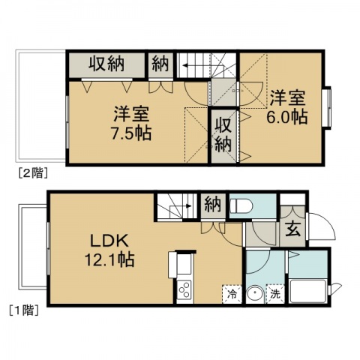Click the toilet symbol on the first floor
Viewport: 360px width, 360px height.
(241, 205)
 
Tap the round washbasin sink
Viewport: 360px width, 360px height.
(255, 295)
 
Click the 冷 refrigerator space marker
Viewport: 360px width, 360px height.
(232, 294)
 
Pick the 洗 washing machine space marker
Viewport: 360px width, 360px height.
(275, 294)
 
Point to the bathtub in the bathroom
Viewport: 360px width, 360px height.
(307, 291)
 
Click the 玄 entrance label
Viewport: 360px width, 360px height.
(292, 229)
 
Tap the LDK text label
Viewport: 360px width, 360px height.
(109, 241)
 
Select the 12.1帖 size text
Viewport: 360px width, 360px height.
(109, 259)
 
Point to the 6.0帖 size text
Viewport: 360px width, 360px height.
(287, 117)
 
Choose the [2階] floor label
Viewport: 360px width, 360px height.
(33, 173)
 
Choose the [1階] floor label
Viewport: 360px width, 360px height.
(24, 310)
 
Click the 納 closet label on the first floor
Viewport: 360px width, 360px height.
(213, 205)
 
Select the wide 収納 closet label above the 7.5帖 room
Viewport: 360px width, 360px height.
(106, 64)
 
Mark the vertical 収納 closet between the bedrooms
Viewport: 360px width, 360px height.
(223, 135)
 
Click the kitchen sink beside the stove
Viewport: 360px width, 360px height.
(184, 264)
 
